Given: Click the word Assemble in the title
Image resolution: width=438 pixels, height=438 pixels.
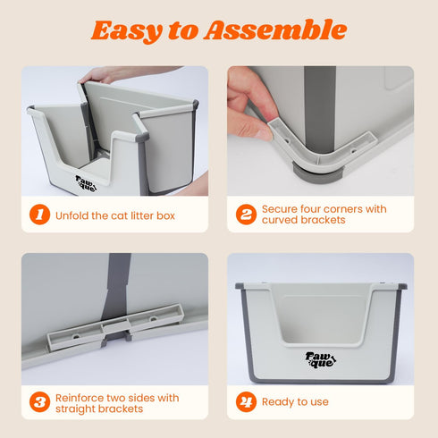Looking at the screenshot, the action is click(275, 29).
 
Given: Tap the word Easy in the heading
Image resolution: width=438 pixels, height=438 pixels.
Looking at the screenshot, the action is click(127, 31).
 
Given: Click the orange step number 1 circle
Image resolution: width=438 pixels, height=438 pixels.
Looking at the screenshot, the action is click(39, 215).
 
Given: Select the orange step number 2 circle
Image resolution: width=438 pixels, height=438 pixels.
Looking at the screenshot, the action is click(246, 215).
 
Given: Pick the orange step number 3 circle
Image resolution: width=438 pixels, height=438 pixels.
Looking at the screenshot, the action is click(39, 402).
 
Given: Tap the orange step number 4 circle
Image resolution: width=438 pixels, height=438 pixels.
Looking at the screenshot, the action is click(246, 402).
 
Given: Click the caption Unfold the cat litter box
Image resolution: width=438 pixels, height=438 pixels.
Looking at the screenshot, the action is click(115, 215).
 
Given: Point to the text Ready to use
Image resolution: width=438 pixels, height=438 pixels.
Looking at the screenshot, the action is click(295, 402).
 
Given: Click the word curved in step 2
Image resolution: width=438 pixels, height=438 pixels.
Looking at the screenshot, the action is click(280, 220).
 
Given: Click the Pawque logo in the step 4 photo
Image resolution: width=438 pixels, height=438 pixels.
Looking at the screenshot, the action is click(321, 360).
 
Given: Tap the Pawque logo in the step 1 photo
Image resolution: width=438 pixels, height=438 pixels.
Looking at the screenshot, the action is click(86, 183).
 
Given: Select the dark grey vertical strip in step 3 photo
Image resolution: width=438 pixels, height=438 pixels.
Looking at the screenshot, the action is click(117, 286).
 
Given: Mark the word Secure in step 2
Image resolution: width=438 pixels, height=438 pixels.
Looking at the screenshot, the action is click(279, 209).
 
